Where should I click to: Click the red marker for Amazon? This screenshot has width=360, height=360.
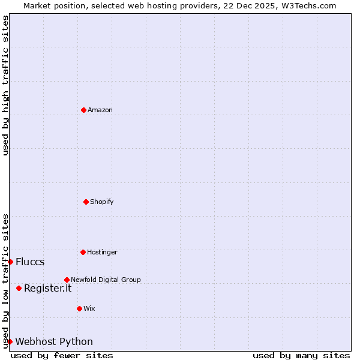tap(83, 110)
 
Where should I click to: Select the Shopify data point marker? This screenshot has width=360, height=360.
tap(86, 202)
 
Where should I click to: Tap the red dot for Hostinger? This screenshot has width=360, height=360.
tap(83, 252)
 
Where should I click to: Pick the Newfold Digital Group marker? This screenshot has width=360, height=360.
tap(67, 280)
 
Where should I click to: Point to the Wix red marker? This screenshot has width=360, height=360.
tap(79, 308)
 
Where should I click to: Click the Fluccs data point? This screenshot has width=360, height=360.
tap(10, 262)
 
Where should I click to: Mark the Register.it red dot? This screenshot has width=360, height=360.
tap(19, 288)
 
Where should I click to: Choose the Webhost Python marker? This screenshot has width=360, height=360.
tap(10, 341)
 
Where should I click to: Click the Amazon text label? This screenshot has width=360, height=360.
tap(100, 110)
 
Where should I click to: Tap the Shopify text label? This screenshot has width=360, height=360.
tap(102, 202)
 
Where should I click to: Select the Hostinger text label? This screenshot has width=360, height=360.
tap(102, 252)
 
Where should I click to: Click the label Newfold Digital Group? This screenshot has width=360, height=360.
tap(106, 280)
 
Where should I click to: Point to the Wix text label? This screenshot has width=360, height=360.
tap(89, 308)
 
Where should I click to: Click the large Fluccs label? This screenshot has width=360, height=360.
tap(30, 262)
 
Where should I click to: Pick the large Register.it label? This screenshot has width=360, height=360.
tap(47, 288)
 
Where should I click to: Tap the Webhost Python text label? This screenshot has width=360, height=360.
tap(54, 341)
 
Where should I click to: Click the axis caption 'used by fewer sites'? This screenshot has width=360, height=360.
tap(62, 355)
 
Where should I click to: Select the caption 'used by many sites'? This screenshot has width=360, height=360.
tap(301, 355)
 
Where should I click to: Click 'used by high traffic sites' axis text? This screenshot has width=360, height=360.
tap(5, 85)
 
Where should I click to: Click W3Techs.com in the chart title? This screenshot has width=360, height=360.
tap(308, 5)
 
